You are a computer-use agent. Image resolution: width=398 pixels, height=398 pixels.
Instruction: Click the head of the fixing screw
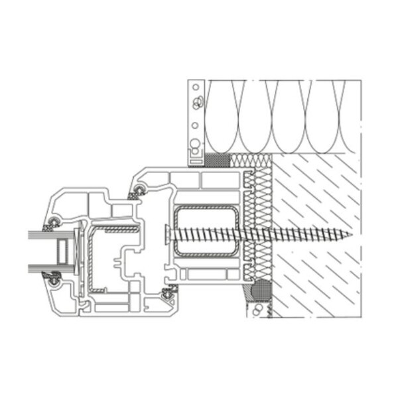[x=164, y=233]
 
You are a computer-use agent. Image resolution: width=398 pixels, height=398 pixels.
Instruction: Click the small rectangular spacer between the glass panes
[x=62, y=251]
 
